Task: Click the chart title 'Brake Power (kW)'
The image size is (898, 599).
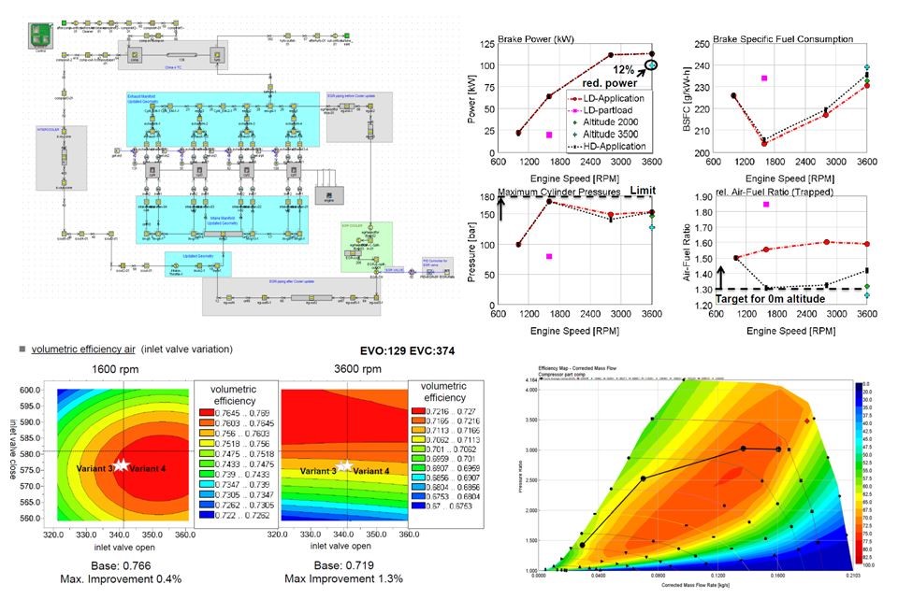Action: point(543,39)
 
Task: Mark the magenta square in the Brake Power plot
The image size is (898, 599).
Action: point(549,135)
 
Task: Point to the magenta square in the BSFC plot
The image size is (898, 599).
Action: point(764,78)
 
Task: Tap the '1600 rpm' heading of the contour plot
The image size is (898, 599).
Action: point(124,368)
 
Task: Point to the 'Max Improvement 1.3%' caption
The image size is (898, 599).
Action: point(343,578)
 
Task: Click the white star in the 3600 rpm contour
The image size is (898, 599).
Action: point(345,464)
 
